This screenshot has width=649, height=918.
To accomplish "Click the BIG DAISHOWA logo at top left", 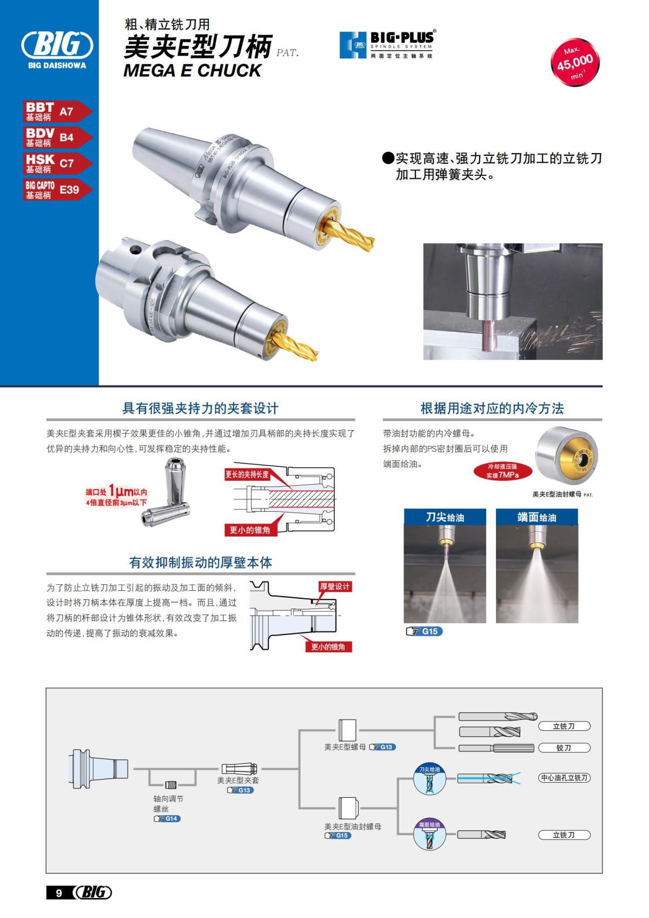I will click(56, 49).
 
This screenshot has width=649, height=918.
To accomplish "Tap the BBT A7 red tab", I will click(57, 111).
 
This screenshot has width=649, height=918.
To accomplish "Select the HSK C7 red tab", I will click(57, 163).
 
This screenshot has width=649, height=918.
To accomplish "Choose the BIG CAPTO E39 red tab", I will click(57, 189).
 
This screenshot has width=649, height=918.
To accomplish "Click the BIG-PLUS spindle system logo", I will click(387, 44).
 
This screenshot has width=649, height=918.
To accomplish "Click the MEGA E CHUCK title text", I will click(192, 70).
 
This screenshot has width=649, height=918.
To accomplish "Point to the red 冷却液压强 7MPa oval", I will click(502, 471).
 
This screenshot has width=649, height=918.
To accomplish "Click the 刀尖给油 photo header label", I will click(445, 517).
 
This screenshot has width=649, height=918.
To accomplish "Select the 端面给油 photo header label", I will click(537, 517).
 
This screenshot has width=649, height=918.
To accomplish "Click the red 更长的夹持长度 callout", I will click(247, 474).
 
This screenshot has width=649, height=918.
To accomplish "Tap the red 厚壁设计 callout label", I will click(335, 586).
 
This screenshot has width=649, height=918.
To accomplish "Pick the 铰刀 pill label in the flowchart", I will click(564, 748).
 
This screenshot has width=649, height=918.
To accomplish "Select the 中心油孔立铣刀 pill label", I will click(564, 777).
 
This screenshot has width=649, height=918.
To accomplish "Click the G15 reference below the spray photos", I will click(424, 631).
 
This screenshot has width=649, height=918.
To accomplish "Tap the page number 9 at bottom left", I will click(59, 893).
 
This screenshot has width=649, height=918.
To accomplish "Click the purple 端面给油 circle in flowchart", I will click(429, 834).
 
